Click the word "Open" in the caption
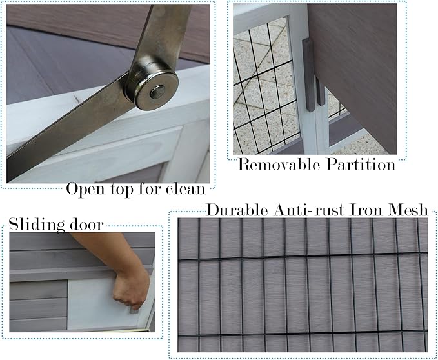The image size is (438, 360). click(x=86, y=190)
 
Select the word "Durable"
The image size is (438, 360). click(x=234, y=210)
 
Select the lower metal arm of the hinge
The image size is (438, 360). click(x=71, y=129)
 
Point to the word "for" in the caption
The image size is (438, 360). click(x=150, y=189)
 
